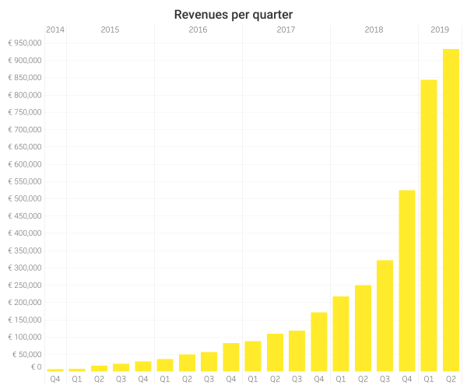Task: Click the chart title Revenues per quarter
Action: click(233, 15)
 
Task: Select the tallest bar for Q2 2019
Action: click(451, 210)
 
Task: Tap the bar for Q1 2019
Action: click(429, 226)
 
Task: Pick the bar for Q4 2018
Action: click(407, 281)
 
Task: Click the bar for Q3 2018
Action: click(384, 316)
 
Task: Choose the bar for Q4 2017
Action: click(319, 342)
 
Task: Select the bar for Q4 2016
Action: click(231, 357)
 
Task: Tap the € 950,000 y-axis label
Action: click(25, 43)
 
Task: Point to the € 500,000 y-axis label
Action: click(25, 198)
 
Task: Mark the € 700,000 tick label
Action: click(25, 129)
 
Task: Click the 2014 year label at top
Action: click(55, 30)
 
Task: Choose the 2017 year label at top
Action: click(286, 30)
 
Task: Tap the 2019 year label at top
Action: click(440, 30)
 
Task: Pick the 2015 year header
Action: click(110, 30)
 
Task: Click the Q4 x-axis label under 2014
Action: click(55, 380)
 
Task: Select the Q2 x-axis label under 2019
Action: click(451, 380)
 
